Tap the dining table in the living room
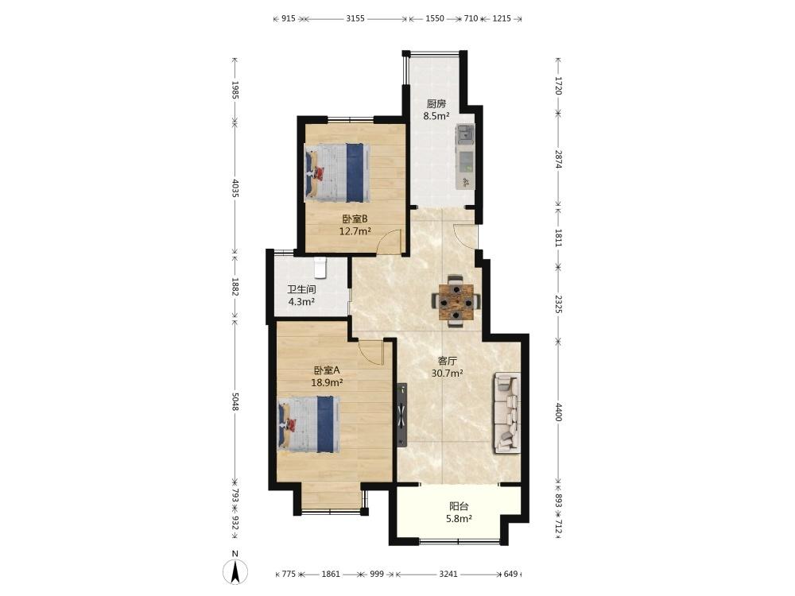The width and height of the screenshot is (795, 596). pos(456,302)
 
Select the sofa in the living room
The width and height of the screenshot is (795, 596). pos(506,412)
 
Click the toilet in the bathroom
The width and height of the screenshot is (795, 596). pos(320,268)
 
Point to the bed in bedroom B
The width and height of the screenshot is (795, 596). pos(336,172)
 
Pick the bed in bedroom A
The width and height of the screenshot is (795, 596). pos(308,424)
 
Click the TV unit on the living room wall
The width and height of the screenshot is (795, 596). pos(402,415)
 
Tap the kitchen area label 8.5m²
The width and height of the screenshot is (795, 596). pos(436,116)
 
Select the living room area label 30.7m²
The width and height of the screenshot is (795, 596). pos(447,373)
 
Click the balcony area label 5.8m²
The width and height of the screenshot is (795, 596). pos(460,518)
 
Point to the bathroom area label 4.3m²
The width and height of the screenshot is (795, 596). pos(301,302)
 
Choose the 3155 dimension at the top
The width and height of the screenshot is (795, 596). pos(355,19)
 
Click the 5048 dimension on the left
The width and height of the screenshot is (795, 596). pos(235,401)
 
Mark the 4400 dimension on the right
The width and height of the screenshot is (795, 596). pos(558,412)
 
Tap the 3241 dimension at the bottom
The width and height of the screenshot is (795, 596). pos(448,575)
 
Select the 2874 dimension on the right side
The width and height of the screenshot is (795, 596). pos(558,159)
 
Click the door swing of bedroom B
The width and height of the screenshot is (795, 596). pos(390,241)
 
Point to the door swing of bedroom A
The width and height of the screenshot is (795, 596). pos(370,352)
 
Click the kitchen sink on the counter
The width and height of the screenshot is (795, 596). pos(465,134)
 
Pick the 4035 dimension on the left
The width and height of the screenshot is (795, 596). pos(235,188)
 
